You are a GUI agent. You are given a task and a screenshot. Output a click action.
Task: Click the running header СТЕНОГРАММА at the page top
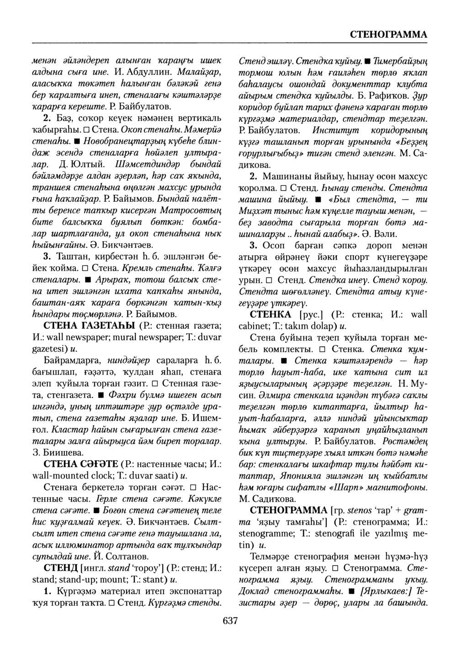388,35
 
